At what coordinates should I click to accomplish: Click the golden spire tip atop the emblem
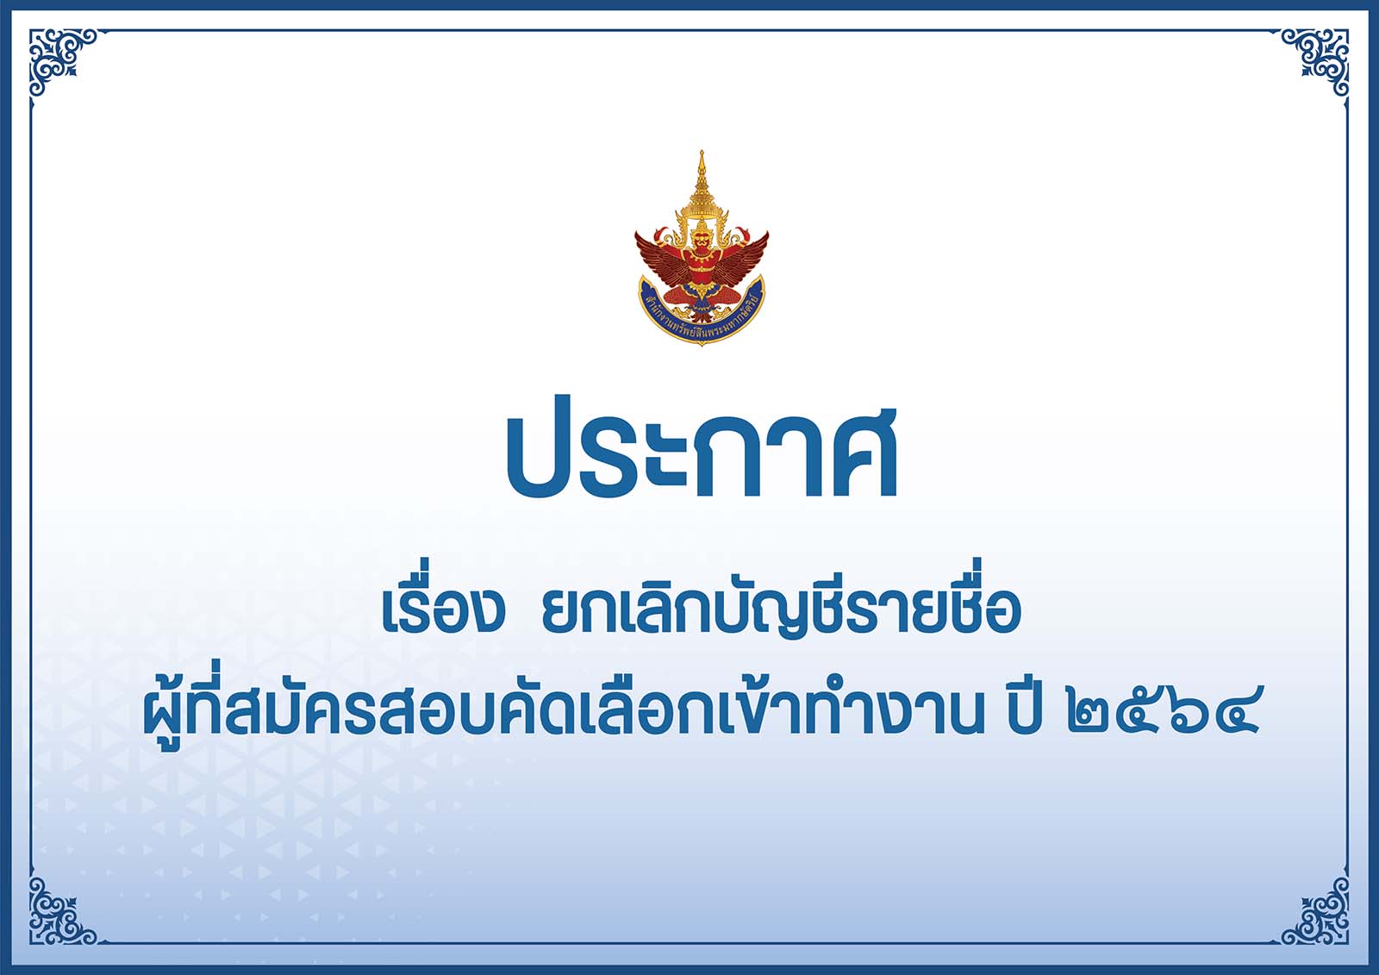pos(702,152)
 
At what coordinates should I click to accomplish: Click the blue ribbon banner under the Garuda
pos(702,312)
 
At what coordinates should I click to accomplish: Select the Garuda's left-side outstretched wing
pos(663,253)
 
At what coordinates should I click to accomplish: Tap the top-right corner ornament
pos(1317,60)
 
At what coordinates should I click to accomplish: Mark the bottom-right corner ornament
pos(1317,911)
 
